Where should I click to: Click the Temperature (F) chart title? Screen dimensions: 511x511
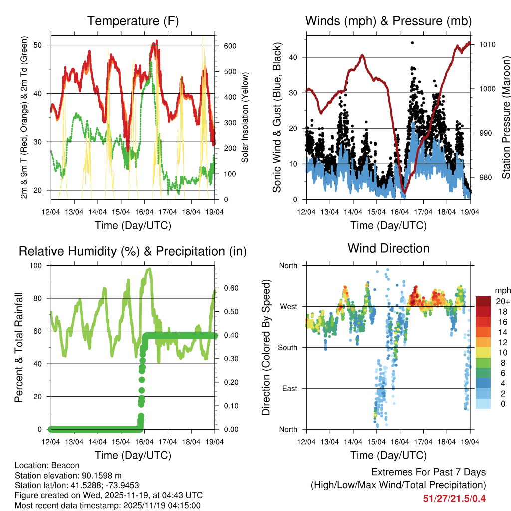(133, 21)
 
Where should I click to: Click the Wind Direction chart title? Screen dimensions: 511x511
(388, 248)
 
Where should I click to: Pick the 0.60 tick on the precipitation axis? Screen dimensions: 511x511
(230, 288)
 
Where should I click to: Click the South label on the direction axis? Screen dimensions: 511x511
(288, 347)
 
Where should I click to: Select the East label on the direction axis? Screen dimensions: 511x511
(290, 388)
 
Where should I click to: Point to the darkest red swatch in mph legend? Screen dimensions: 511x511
(483, 301)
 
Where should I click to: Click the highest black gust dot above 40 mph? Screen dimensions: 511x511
(412, 43)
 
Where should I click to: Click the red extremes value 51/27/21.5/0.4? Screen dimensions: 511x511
(454, 498)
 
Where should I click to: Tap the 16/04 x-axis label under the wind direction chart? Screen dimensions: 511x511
(400, 441)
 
